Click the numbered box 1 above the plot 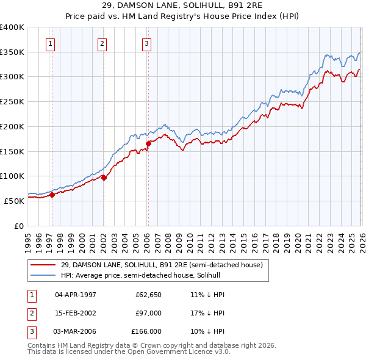pos(49,43)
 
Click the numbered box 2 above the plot pos(101,43)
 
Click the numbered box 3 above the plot pos(147,43)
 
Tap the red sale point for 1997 pos(52,195)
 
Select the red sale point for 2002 pos(104,178)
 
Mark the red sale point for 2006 pos(148,143)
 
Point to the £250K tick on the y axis pos(12,102)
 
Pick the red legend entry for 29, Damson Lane pos(162,265)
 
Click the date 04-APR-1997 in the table pos(76,295)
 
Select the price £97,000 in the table pos(149,313)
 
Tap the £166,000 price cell pos(146,331)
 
